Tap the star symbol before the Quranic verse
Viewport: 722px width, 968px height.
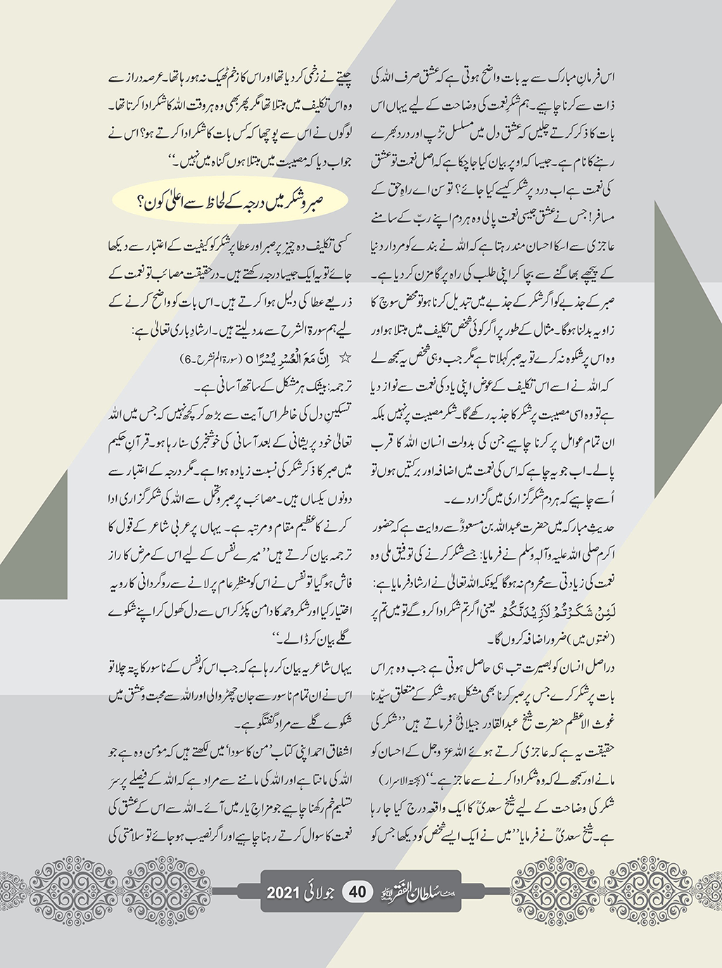coord(346,358)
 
